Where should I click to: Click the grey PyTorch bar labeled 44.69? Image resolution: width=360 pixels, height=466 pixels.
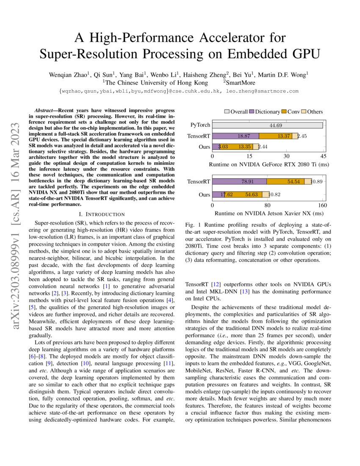click(267, 125)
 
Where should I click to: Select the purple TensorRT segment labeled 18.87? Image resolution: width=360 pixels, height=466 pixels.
click(235, 136)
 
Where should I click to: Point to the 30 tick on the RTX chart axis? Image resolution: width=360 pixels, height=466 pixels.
click(286, 156)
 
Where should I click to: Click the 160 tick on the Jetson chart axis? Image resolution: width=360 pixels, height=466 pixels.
click(323, 205)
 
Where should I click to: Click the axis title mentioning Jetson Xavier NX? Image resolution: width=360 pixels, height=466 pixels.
click(267, 213)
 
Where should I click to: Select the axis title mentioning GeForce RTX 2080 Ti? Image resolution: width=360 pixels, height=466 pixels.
click(267, 165)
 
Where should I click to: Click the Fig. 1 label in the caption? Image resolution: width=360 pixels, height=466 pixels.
click(193, 225)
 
